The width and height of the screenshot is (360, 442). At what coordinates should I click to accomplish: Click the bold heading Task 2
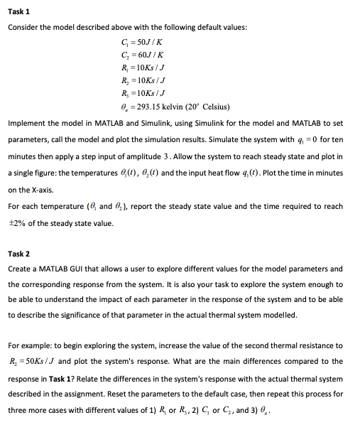pos(18,253)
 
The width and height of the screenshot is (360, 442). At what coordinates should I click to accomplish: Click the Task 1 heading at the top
pos(18,12)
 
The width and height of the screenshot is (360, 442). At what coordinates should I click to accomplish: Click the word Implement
pos(26,123)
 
